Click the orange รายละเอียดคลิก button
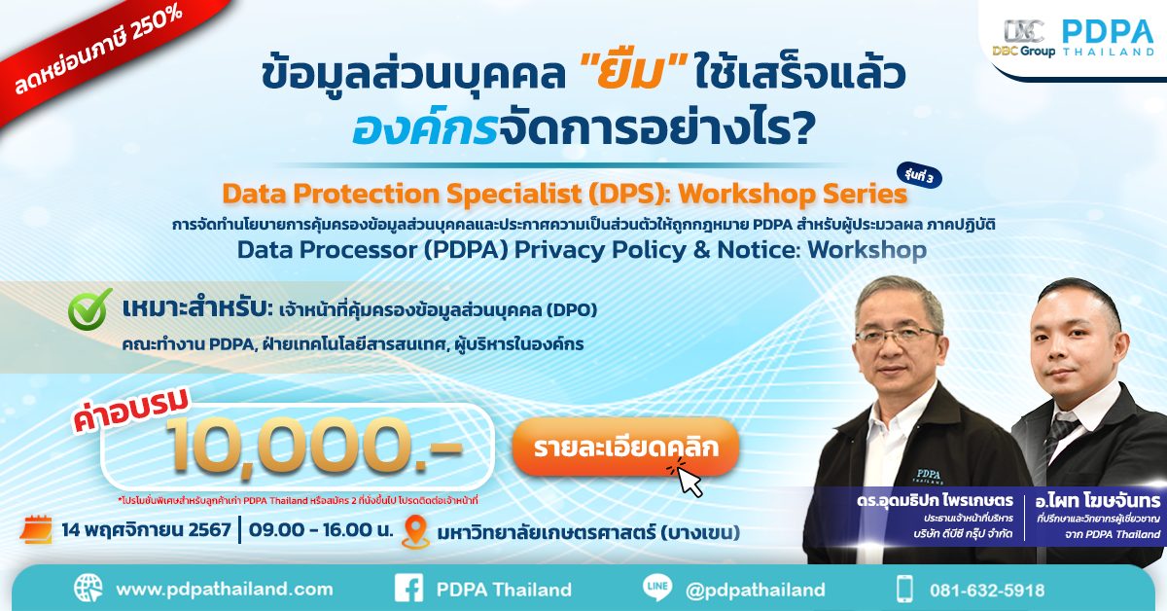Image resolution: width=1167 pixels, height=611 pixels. pos(625,448)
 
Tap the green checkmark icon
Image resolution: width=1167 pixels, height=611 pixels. pos(90,309)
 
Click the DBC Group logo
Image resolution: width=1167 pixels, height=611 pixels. pos(1024,38)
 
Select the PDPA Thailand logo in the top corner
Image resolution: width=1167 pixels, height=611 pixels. pos(1108,38)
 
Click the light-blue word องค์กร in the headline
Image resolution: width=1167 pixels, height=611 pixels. pos(425,129)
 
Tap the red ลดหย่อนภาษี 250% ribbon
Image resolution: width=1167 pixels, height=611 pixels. pos(99,52)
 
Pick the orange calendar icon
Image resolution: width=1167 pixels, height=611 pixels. pos(37,528)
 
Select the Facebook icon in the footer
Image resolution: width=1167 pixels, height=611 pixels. pos(409,588)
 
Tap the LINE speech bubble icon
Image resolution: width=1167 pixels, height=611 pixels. pos(657,588)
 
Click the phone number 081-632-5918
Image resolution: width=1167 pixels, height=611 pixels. pos(987,591)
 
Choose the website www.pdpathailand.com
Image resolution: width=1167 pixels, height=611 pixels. pos(225,590)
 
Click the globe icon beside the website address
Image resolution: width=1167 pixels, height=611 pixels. pos(88,588)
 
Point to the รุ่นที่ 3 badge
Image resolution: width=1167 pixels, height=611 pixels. pos(919,177)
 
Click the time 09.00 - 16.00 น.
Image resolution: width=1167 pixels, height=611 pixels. pos(320,530)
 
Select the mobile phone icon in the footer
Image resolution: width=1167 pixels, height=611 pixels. pos(905,589)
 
